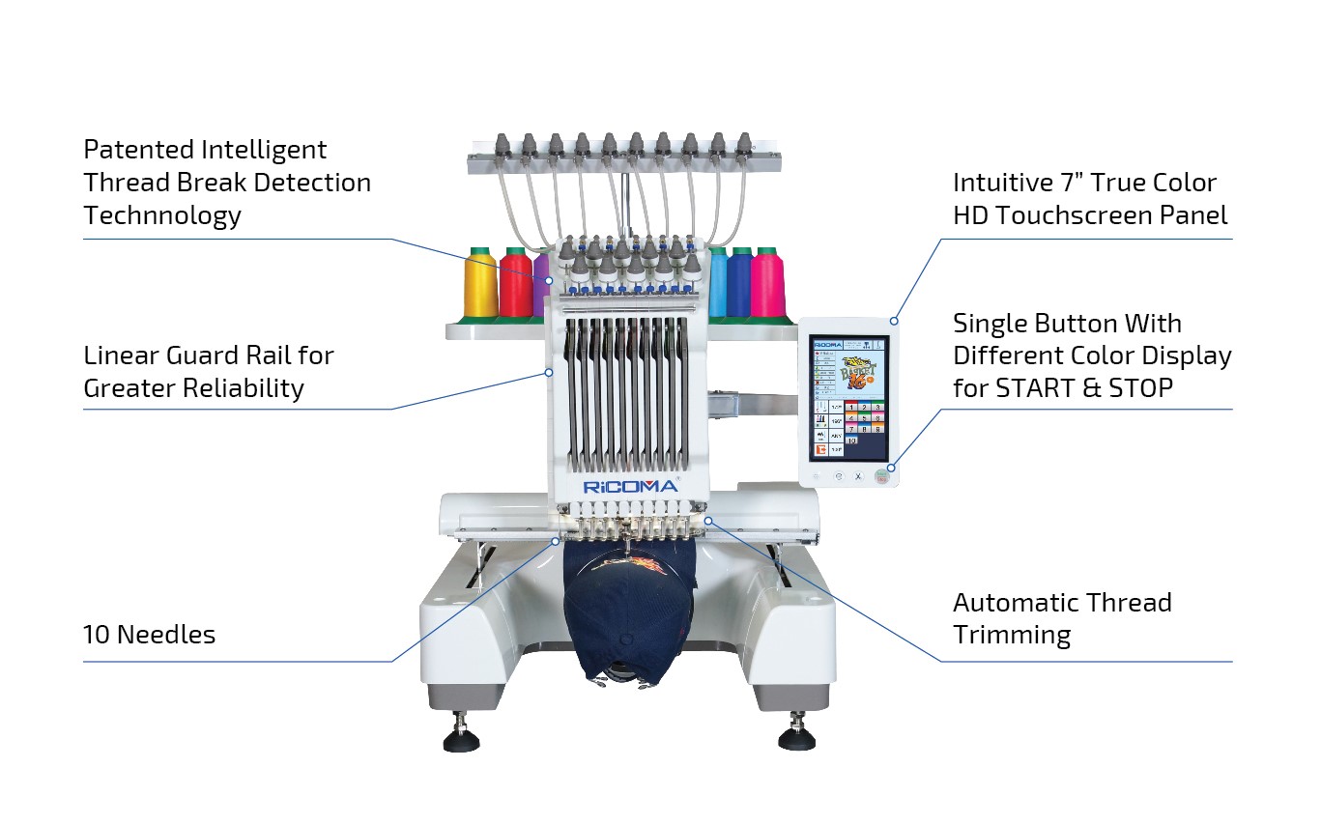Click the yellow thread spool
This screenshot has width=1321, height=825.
(x=480, y=285)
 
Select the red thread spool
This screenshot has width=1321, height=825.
(x=515, y=285)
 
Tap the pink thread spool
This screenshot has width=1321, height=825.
(x=768, y=285)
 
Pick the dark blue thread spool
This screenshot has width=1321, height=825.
(x=740, y=285)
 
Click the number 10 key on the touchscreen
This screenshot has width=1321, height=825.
(x=852, y=440)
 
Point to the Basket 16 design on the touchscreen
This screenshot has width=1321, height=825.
(x=856, y=371)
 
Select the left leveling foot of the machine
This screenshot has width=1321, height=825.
(x=461, y=736)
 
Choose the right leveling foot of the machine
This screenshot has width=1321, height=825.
(x=796, y=736)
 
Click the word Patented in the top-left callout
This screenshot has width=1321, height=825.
(x=137, y=150)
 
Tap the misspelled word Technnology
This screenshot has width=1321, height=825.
(x=162, y=215)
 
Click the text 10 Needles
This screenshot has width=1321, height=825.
(x=149, y=635)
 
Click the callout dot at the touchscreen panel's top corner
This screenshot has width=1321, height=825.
(x=895, y=320)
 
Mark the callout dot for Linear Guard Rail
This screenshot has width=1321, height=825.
(x=547, y=371)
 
